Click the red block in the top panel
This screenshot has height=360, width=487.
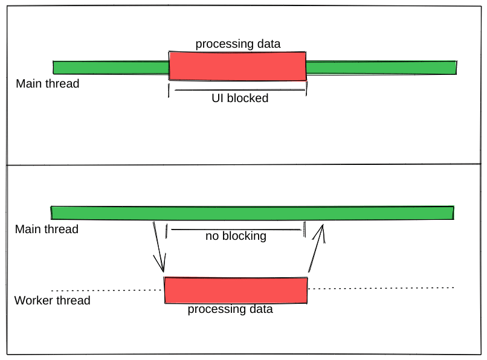pos(237,66)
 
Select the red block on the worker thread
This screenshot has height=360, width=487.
pos(236,290)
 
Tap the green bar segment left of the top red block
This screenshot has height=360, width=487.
pos(111,67)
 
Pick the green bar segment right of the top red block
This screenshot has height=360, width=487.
pos(381,67)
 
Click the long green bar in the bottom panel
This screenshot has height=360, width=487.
pos(252,213)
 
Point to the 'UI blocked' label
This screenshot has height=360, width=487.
pos(239,98)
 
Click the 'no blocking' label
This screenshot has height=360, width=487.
pos(236,236)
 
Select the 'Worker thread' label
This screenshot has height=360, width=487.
pos(52,300)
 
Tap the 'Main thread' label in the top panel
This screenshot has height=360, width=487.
pos(47,83)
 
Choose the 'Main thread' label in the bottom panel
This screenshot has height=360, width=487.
pos(47,229)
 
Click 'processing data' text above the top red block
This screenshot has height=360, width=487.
pos(238,44)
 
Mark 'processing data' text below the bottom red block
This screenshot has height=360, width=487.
pos(230,309)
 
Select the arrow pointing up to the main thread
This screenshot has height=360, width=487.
pos(317,248)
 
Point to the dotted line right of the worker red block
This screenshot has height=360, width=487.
pos(381,288)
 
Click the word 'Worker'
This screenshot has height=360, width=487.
pos(34,300)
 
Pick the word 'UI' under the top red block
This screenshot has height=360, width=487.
pos(218,98)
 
